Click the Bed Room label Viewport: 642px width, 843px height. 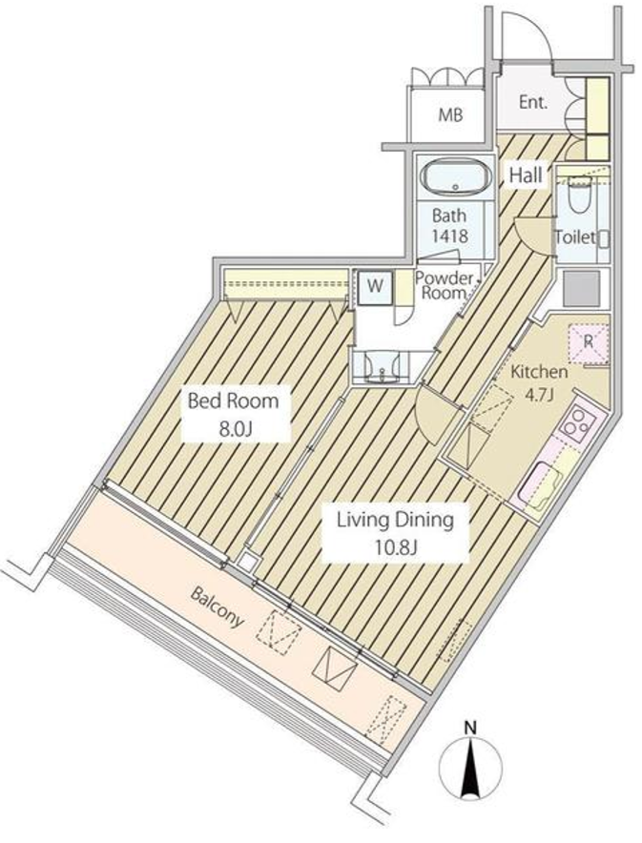tap(233, 401)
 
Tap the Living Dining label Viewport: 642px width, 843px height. tap(395, 520)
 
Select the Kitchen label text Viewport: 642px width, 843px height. tap(539, 372)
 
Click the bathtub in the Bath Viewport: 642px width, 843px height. tap(455, 177)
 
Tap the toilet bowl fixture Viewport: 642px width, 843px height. tap(580, 196)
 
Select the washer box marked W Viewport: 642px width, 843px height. tap(375, 287)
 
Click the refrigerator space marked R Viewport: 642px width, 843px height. tap(589, 343)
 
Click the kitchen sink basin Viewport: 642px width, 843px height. tap(543, 487)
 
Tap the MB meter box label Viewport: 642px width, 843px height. tap(450, 115)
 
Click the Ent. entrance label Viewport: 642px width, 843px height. tap(533, 102)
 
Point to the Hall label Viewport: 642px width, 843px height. tap(526, 175)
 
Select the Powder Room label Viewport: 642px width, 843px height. tap(445, 285)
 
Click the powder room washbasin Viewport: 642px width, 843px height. tap(383, 366)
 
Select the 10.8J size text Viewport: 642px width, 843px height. tap(395, 547)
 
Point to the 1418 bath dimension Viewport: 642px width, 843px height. tap(450, 236)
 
